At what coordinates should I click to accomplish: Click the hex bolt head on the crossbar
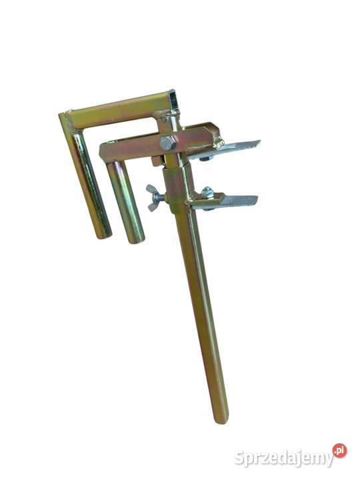pos(167,143)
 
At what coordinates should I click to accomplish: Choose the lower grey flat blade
pos(227,202)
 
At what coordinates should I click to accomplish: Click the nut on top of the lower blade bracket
pos(206,191)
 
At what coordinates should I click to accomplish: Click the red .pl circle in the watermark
pos(339,451)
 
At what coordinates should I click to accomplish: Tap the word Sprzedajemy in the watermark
pos(284,458)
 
